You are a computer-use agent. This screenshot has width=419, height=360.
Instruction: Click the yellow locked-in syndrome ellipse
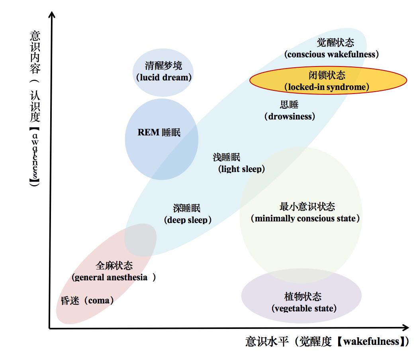(328, 80)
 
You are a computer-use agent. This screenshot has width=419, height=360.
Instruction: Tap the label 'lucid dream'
(164, 78)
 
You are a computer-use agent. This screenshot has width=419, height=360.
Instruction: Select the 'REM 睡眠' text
(159, 132)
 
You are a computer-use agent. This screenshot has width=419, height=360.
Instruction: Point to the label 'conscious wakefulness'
(331, 54)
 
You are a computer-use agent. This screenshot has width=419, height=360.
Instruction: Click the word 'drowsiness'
(290, 117)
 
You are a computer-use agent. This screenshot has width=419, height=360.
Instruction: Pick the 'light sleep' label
(242, 169)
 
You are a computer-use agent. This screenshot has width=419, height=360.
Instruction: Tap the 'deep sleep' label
(188, 220)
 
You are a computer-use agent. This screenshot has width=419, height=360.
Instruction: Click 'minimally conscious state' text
(305, 218)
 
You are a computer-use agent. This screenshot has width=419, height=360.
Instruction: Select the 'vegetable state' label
(304, 308)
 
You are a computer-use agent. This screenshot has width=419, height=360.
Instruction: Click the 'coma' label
(99, 301)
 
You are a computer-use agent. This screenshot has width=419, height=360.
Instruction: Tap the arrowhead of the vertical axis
(52, 14)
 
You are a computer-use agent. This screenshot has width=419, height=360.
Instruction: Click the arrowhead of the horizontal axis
(405, 327)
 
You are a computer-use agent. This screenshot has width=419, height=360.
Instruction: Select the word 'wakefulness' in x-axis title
(371, 342)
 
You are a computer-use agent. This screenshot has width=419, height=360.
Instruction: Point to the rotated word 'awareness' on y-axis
(35, 157)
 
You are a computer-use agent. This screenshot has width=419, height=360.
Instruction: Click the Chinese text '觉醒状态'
(336, 43)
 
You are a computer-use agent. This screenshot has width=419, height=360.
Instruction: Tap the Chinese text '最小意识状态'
(307, 207)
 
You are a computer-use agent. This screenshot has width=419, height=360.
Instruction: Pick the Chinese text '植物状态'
(303, 297)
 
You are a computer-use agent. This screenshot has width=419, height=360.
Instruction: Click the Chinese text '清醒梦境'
(164, 66)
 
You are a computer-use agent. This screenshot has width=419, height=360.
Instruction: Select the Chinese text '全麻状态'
(114, 266)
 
